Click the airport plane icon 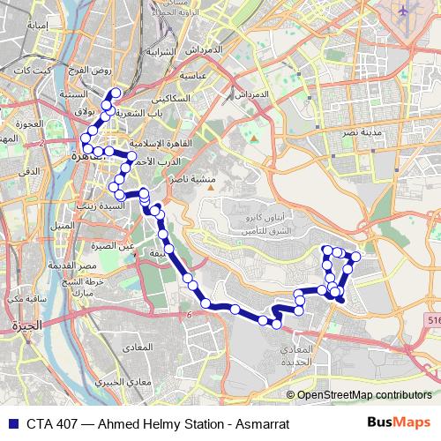(x=405, y=11)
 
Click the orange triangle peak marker (x=253, y=138)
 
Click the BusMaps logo (x=399, y=423)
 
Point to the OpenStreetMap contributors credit (x=363, y=395)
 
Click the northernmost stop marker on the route (x=116, y=93)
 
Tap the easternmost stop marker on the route (x=356, y=257)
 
